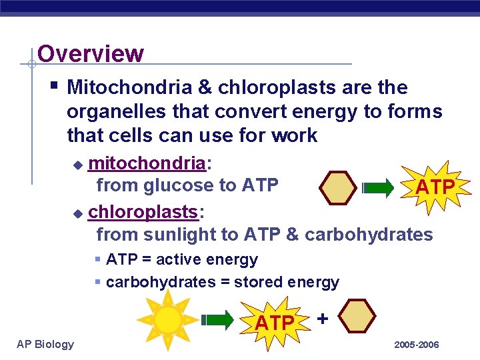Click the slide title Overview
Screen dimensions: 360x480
(91, 53)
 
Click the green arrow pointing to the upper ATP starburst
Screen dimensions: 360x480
(378, 189)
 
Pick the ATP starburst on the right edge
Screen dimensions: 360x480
(434, 187)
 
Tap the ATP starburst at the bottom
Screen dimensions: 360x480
(275, 323)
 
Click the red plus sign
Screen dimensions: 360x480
(323, 318)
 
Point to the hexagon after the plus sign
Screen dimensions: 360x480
(360, 316)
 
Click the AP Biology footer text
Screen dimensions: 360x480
(45, 344)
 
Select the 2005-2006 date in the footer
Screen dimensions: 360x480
(417, 345)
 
